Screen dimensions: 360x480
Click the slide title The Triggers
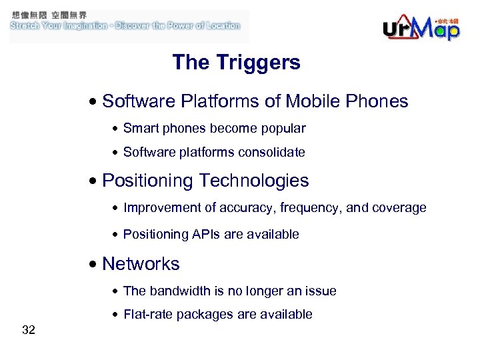tap(236, 63)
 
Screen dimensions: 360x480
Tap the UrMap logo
tap(421, 27)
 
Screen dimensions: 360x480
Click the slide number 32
tap(29, 329)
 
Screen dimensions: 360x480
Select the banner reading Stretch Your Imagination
tap(125, 26)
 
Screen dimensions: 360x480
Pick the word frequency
tap(311, 207)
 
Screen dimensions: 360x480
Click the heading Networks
tap(141, 264)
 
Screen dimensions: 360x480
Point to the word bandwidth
tap(179, 291)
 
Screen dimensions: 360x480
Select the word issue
tap(321, 291)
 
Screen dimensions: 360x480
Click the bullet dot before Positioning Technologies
tap(95, 181)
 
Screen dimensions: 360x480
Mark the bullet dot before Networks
tap(95, 265)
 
